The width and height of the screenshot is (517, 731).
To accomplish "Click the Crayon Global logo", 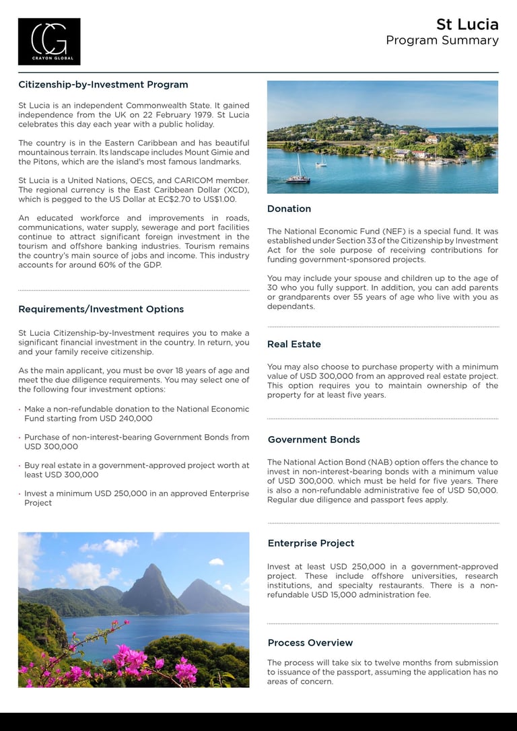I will coord(49,41).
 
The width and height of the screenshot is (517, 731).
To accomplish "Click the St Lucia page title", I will coord(467,25).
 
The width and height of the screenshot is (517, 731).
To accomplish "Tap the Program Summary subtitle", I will coord(442,40).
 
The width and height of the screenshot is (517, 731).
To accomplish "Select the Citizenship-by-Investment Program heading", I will coord(103,85).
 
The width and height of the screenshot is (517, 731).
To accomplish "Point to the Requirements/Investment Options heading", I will coord(101,310).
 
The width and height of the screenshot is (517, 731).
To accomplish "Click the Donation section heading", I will coord(289,209).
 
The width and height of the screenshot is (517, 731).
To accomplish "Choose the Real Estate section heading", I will coord(294,345).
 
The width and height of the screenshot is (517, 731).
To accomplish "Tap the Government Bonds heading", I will coord(314,440).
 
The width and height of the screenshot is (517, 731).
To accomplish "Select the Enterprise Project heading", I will coord(311,544).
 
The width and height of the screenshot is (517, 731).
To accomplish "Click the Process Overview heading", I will coord(310,643).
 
